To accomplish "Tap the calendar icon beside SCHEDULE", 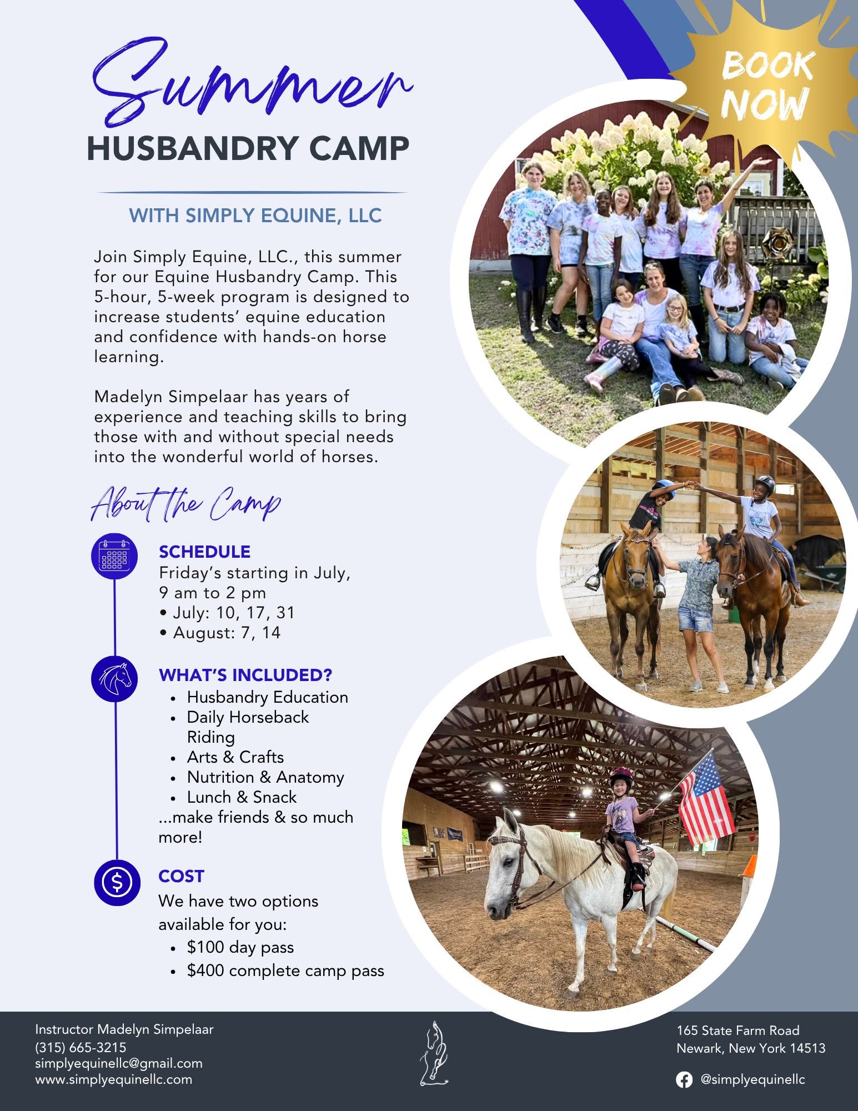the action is click(114, 556).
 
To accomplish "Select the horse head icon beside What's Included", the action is click(114, 678).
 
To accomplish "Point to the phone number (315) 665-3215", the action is click(81, 1048).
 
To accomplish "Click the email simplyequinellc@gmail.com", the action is click(119, 1064).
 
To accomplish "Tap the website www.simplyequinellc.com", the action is click(114, 1080).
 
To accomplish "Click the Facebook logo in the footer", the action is click(684, 1080).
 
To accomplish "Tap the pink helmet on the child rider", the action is click(621, 776).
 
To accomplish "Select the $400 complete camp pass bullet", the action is click(285, 970).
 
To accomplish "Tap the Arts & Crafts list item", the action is click(235, 757).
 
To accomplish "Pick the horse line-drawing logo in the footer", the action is click(434, 1053).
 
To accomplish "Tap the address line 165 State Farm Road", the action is click(738, 1031).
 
